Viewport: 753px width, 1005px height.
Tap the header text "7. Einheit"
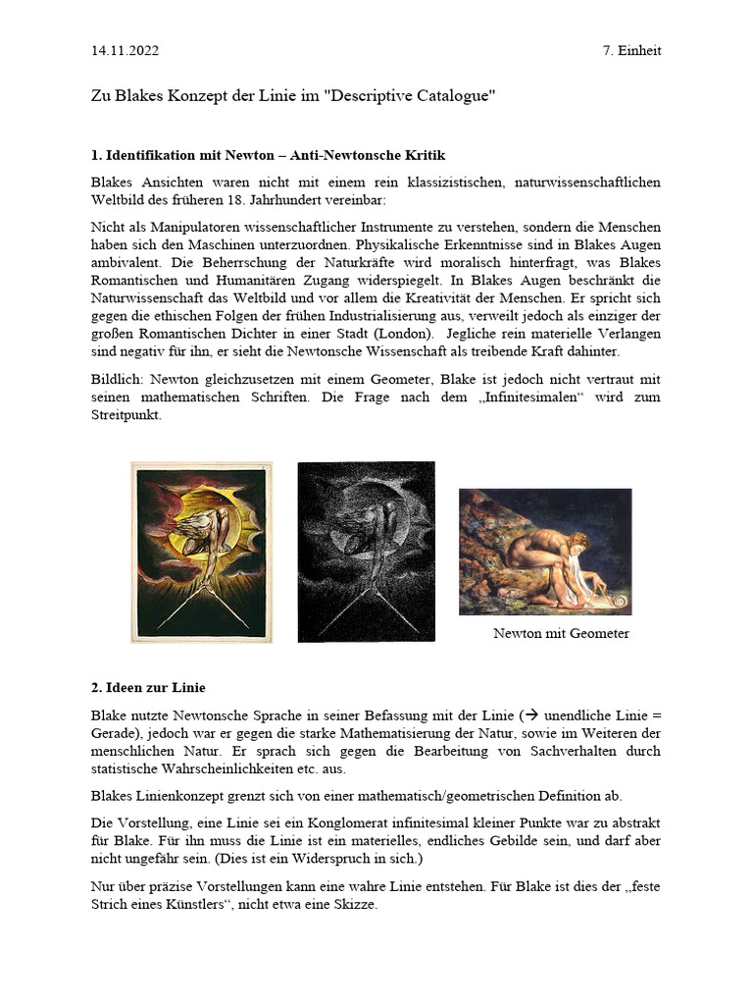[631, 50]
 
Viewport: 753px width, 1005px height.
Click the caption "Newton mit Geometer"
[561, 633]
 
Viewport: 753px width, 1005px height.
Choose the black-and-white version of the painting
[367, 552]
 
